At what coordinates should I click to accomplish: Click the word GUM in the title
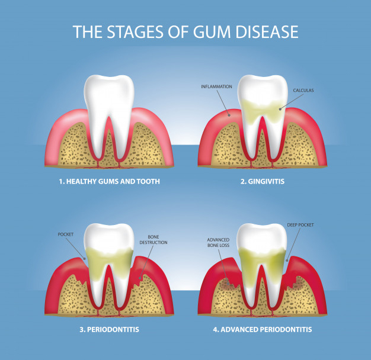click(212, 31)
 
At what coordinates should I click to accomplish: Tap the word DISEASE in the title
click(267, 31)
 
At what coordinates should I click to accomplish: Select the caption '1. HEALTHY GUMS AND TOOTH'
click(109, 181)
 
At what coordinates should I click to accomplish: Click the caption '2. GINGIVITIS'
click(263, 181)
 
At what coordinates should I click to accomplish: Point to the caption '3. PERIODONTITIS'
click(109, 329)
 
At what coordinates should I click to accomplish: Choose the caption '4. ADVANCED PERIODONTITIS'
click(263, 329)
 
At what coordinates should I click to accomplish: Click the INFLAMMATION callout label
click(216, 87)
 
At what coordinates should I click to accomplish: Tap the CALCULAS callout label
click(303, 90)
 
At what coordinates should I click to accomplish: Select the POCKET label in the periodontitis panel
click(66, 234)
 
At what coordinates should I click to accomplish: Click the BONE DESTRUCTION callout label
click(153, 239)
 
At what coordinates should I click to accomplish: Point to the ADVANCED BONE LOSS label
click(218, 243)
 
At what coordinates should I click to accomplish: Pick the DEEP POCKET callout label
click(300, 225)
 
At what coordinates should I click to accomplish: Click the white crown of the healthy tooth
click(109, 95)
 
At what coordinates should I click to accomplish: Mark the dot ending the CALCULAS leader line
click(280, 109)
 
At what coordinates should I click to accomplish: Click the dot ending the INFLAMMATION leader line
click(229, 115)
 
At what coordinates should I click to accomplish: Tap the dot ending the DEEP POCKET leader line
click(287, 261)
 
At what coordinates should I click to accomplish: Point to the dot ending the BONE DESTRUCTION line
click(140, 278)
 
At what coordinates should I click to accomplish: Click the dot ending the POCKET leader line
click(84, 259)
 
